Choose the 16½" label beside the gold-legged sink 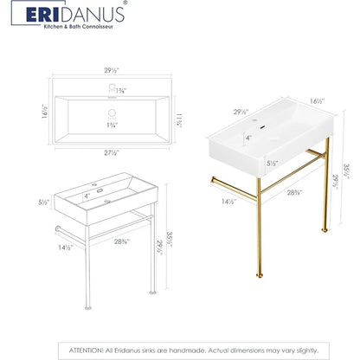(318, 101)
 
